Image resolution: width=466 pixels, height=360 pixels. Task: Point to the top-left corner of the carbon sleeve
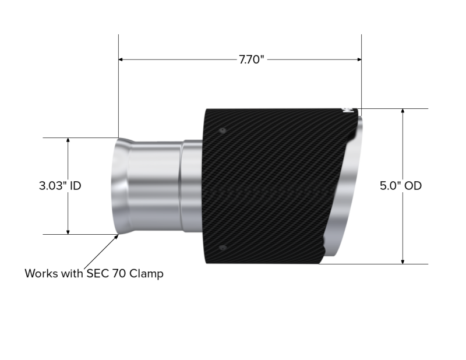pos(206,108)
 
